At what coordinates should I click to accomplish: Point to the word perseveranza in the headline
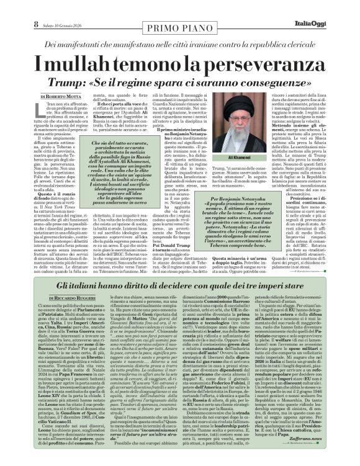pyautogui.click(x=261, y=63)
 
